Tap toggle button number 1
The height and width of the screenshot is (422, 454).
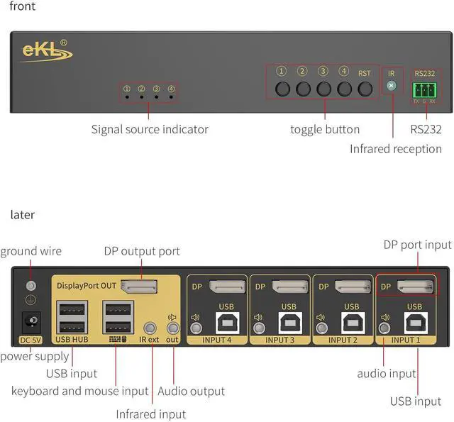click(x=283, y=89)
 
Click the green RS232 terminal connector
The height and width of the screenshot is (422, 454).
click(x=423, y=89)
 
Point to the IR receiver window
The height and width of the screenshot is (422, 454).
click(x=390, y=87)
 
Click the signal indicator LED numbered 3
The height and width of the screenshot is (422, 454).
click(x=156, y=95)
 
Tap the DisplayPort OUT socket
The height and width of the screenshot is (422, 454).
click(x=138, y=287)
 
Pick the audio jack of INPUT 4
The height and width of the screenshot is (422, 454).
click(x=196, y=328)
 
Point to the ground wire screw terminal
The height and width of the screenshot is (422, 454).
click(x=31, y=286)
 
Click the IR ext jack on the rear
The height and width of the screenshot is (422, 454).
click(x=150, y=328)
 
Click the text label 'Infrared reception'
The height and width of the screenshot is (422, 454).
click(x=395, y=149)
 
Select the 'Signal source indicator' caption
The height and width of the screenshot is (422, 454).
click(x=150, y=129)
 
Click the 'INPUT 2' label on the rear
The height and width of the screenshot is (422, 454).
click(x=343, y=340)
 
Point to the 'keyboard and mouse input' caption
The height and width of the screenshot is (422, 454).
click(x=79, y=391)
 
